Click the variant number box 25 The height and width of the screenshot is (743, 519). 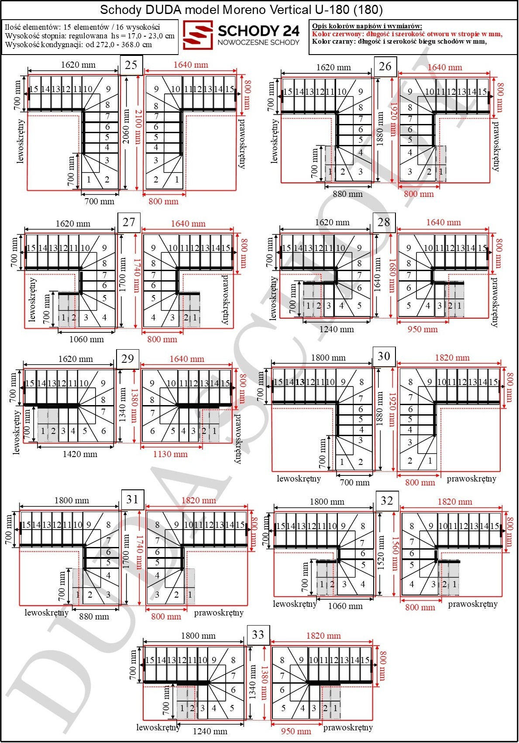tap(131, 65)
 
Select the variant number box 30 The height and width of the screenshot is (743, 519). tap(384, 356)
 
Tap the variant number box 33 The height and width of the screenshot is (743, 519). tap(258, 635)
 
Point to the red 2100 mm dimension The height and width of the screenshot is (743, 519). tap(137, 127)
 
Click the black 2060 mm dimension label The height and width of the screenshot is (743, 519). tap(126, 127)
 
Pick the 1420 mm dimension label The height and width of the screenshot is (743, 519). tap(80, 454)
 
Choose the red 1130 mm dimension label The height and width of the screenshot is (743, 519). tap(170, 454)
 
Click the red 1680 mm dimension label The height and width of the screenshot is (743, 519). tap(392, 275)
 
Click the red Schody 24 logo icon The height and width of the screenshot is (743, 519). tap(198, 35)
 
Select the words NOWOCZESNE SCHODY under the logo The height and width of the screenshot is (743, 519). tap(259, 42)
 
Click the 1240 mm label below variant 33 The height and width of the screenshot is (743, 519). tap(210, 731)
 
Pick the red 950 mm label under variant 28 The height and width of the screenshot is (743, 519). tap(423, 330)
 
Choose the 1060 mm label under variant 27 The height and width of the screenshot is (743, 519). tap(86, 339)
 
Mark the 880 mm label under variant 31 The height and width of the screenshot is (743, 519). tap(94, 617)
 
